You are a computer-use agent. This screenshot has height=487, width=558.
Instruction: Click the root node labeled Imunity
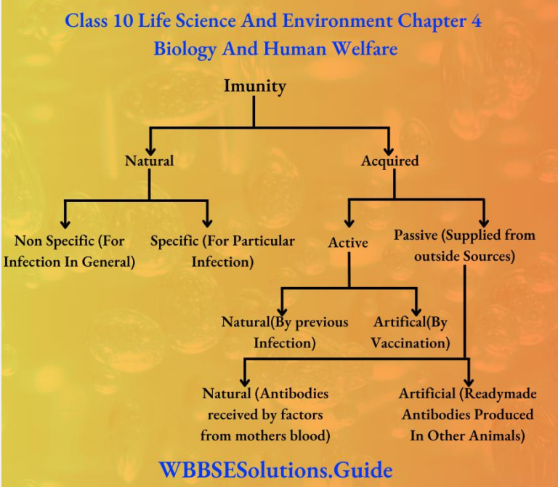(254, 86)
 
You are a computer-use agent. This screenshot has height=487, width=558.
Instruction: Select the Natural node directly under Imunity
(149, 161)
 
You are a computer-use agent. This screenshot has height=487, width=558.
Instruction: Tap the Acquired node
(390, 161)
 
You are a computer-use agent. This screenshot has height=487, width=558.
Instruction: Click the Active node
(348, 243)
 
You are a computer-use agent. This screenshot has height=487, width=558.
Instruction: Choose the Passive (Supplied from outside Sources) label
(464, 246)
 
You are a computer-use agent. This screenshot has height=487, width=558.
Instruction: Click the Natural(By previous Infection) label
(285, 332)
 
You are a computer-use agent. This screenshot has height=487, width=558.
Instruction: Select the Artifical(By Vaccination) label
(411, 332)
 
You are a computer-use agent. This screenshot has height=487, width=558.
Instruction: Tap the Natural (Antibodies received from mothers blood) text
(265, 414)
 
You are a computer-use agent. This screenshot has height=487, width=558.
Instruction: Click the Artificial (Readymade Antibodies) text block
(467, 414)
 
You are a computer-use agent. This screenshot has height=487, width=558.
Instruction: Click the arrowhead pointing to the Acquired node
(391, 145)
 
